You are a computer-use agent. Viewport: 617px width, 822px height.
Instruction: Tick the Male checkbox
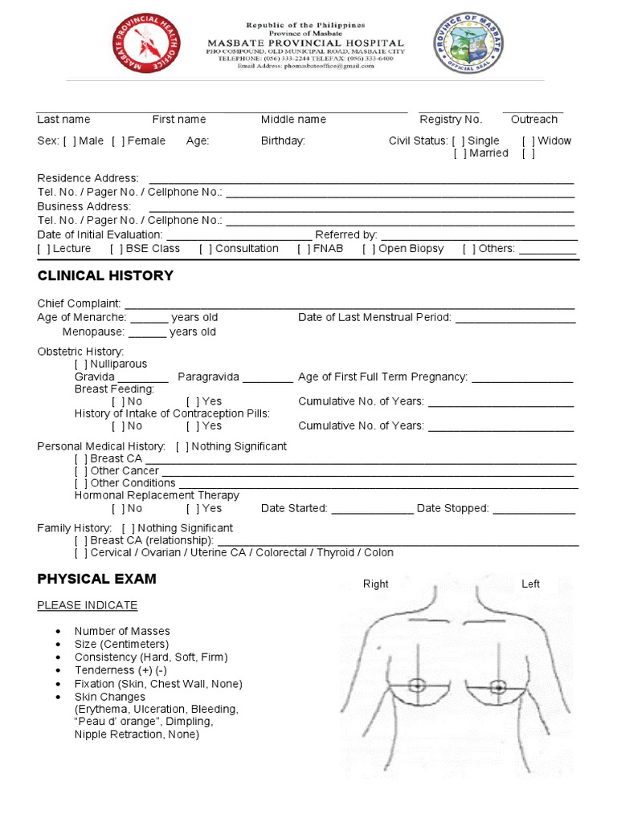(69, 141)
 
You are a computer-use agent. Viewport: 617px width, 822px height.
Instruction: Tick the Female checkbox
(118, 141)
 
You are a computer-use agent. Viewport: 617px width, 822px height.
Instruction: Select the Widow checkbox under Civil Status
(528, 141)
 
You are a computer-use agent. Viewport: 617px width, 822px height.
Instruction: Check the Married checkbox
(460, 153)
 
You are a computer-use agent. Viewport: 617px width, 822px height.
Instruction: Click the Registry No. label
(451, 120)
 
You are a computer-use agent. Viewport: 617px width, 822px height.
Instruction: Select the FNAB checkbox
(304, 249)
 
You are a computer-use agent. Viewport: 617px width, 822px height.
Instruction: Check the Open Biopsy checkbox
(369, 249)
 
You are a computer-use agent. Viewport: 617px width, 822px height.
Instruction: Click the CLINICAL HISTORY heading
(105, 276)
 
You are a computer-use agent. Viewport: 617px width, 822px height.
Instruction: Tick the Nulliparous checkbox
(81, 364)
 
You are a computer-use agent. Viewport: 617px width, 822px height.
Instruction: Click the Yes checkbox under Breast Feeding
(193, 401)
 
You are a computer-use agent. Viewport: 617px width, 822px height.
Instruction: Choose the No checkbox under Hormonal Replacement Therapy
(118, 509)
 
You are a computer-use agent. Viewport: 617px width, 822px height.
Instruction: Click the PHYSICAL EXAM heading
(96, 580)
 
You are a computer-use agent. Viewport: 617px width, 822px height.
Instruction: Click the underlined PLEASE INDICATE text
(88, 605)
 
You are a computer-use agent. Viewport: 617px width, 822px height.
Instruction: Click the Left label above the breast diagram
(530, 584)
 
